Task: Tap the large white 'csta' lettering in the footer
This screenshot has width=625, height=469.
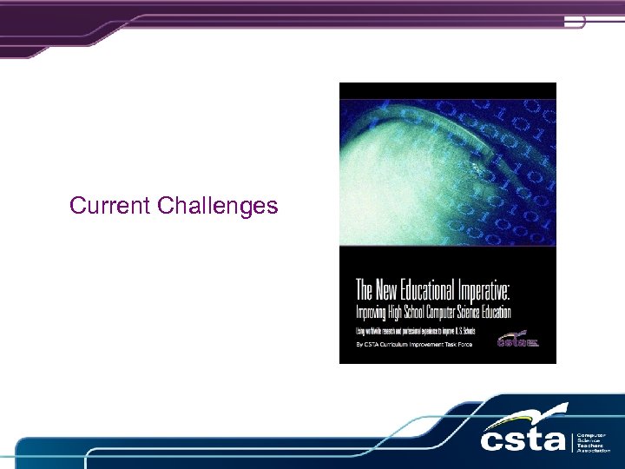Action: pos(524,438)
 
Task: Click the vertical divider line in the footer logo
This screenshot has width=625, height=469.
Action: pos(572,440)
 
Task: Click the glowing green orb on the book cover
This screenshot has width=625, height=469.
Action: pos(391,174)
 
